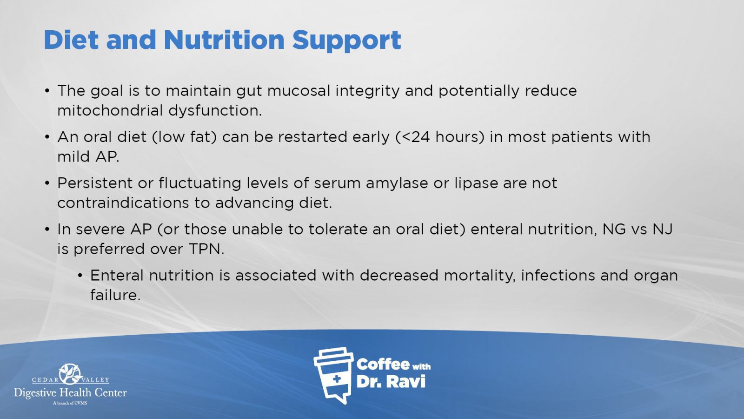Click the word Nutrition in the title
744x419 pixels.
point(224,40)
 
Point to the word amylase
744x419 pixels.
point(397,183)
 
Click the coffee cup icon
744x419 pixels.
point(333,375)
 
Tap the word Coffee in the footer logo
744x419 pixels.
point(383,365)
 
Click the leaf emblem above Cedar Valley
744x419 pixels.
point(70,374)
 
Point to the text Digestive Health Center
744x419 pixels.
point(70,393)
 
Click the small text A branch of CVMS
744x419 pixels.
point(70,403)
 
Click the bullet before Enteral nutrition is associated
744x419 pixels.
point(80,276)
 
